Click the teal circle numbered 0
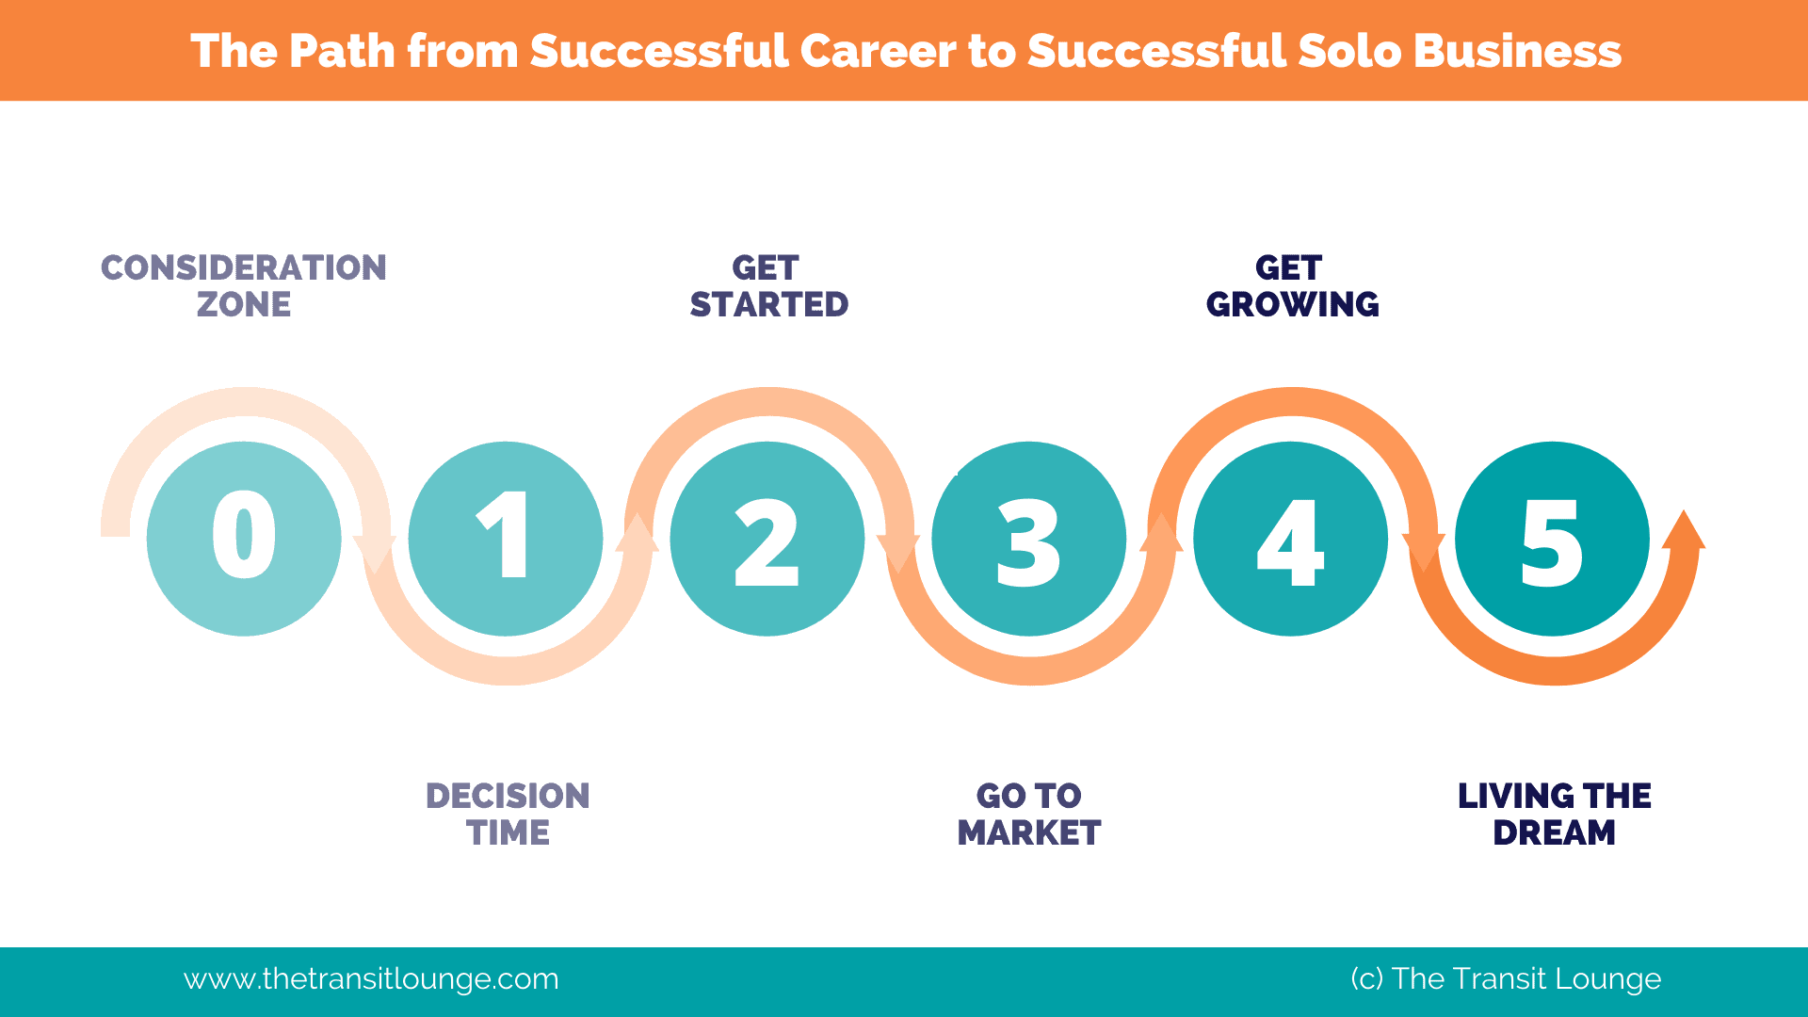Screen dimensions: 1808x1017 [244, 539]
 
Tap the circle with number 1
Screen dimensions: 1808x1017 [506, 539]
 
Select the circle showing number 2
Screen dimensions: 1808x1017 [767, 539]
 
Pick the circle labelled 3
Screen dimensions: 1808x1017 [1029, 539]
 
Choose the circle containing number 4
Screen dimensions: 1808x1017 [1291, 539]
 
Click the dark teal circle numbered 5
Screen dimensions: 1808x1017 [1553, 539]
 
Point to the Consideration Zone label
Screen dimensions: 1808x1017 [244, 286]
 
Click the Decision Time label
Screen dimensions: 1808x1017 [508, 815]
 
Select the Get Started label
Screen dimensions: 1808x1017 [769, 286]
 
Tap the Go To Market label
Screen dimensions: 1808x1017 [1029, 815]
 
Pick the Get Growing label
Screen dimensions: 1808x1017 [1292, 286]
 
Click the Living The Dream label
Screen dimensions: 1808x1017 [1555, 815]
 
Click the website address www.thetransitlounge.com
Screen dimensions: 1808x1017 [371, 979]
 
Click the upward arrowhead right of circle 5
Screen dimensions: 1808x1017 [1684, 529]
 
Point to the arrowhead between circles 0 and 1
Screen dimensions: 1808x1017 [375, 555]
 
